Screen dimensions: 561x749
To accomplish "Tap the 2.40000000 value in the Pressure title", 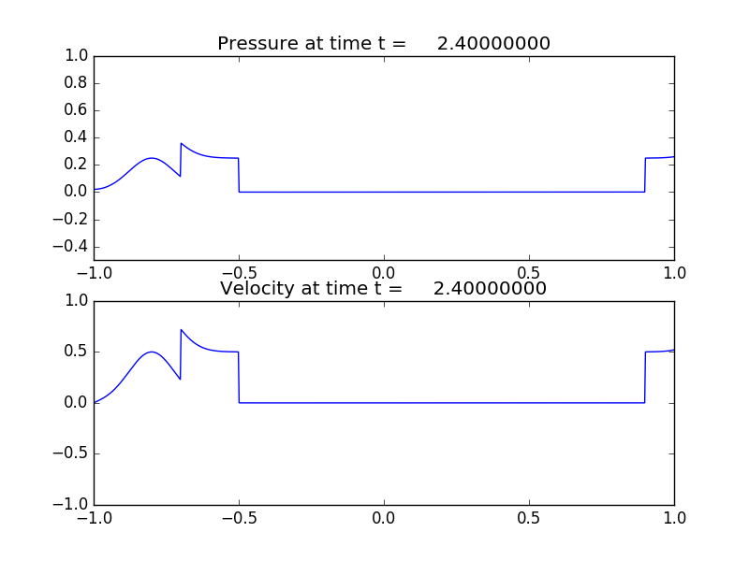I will point(493,44).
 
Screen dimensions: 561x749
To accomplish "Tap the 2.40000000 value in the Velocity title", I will point(490,289).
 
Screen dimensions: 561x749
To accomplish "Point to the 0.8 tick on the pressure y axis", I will point(77,83).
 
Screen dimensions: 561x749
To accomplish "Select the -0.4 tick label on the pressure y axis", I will point(73,247).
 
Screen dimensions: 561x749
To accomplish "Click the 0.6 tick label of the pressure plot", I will point(77,110).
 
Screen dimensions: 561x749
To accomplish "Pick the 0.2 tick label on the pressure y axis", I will point(77,165).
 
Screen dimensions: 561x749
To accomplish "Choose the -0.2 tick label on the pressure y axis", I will point(73,220).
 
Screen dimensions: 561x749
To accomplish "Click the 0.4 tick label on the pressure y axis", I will point(77,137).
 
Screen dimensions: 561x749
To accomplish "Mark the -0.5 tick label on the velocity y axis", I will point(73,454).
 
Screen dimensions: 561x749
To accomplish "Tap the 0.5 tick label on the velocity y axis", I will point(77,352).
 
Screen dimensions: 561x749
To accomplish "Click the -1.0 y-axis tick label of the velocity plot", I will point(73,505).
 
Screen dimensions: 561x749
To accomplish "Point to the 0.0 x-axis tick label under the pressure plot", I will point(384,273).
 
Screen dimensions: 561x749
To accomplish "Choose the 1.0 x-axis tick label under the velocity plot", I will point(674,518).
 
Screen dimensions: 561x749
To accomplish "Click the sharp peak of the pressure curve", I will point(182,143).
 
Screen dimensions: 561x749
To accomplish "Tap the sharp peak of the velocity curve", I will point(182,330).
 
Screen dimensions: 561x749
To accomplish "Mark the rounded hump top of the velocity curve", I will point(153,352).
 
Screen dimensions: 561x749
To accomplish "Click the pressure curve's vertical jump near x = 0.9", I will point(645,175).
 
